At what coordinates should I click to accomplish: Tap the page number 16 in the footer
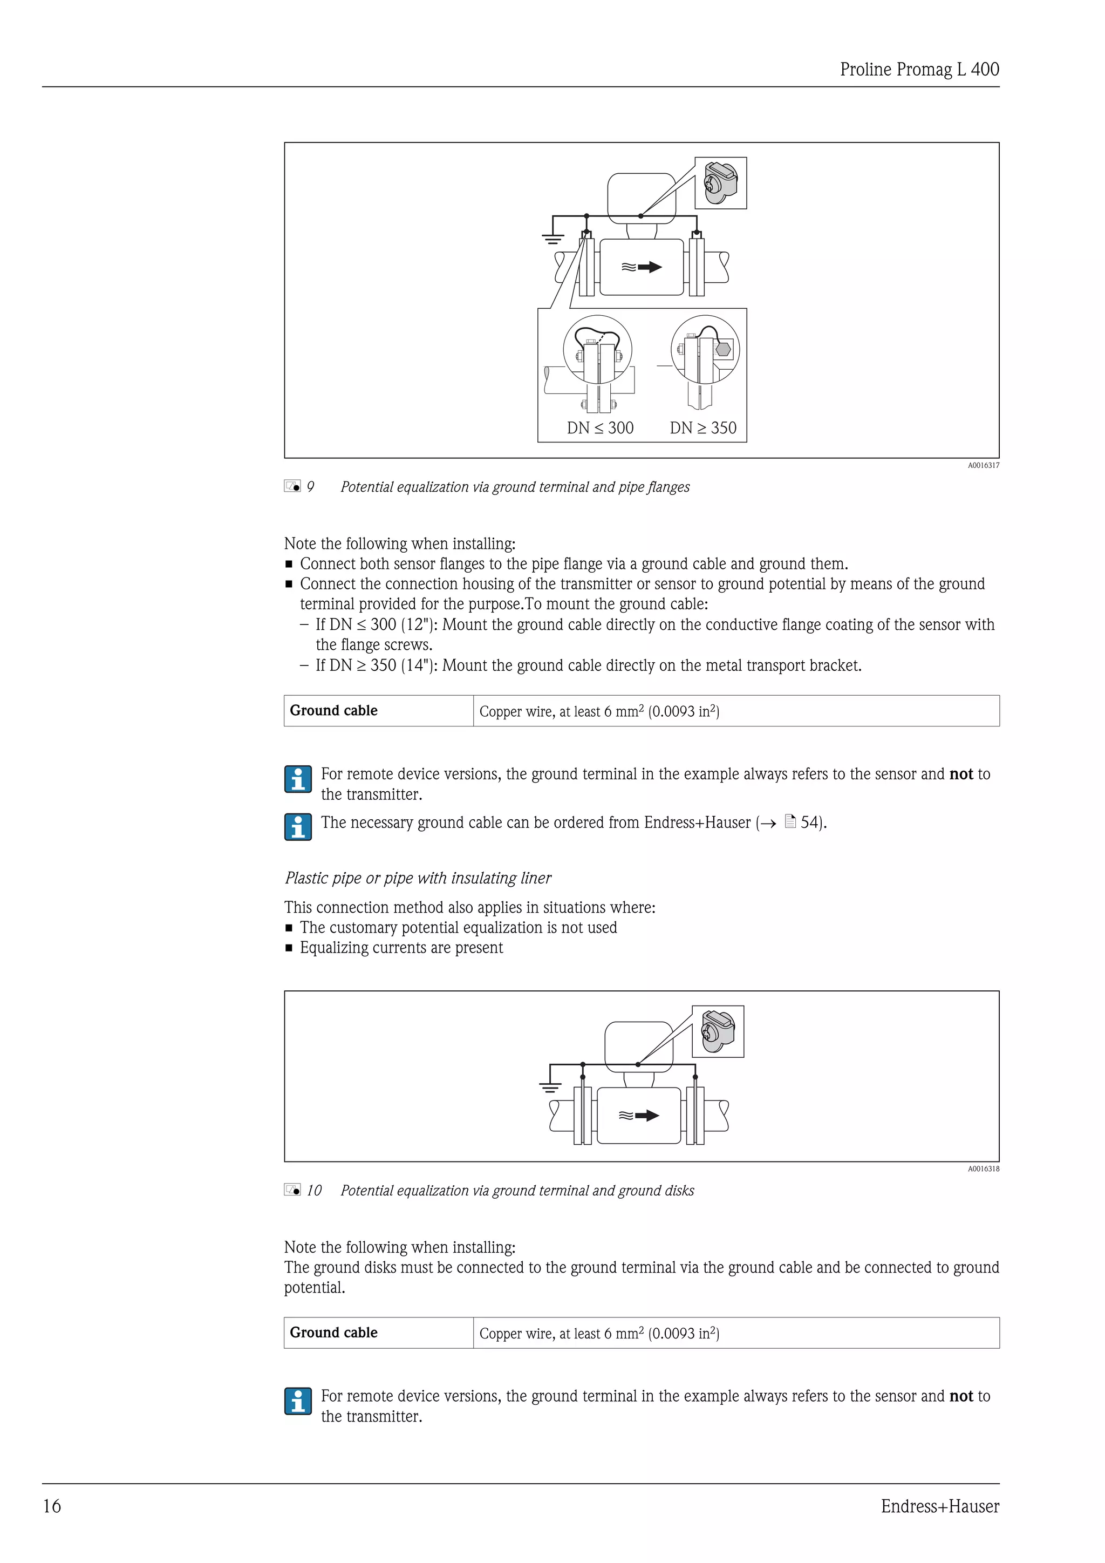click(52, 1506)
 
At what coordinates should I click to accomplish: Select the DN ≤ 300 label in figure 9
click(599, 428)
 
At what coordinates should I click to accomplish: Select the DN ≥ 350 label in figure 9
click(703, 428)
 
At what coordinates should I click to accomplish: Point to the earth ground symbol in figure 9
click(552, 237)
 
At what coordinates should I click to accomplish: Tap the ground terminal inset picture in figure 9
click(720, 183)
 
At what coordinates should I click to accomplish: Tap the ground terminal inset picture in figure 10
click(718, 1031)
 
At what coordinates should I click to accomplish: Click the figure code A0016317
click(983, 466)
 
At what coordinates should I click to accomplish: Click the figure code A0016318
click(983, 1169)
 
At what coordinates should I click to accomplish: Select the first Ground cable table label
click(333, 711)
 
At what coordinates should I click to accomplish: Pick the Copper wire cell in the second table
click(599, 1333)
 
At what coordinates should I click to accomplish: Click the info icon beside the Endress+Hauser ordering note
click(298, 826)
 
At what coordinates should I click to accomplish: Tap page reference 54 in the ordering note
click(808, 823)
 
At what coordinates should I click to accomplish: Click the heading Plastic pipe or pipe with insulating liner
click(418, 878)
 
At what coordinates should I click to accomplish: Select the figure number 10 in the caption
click(313, 1191)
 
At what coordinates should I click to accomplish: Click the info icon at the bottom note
click(298, 1402)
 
